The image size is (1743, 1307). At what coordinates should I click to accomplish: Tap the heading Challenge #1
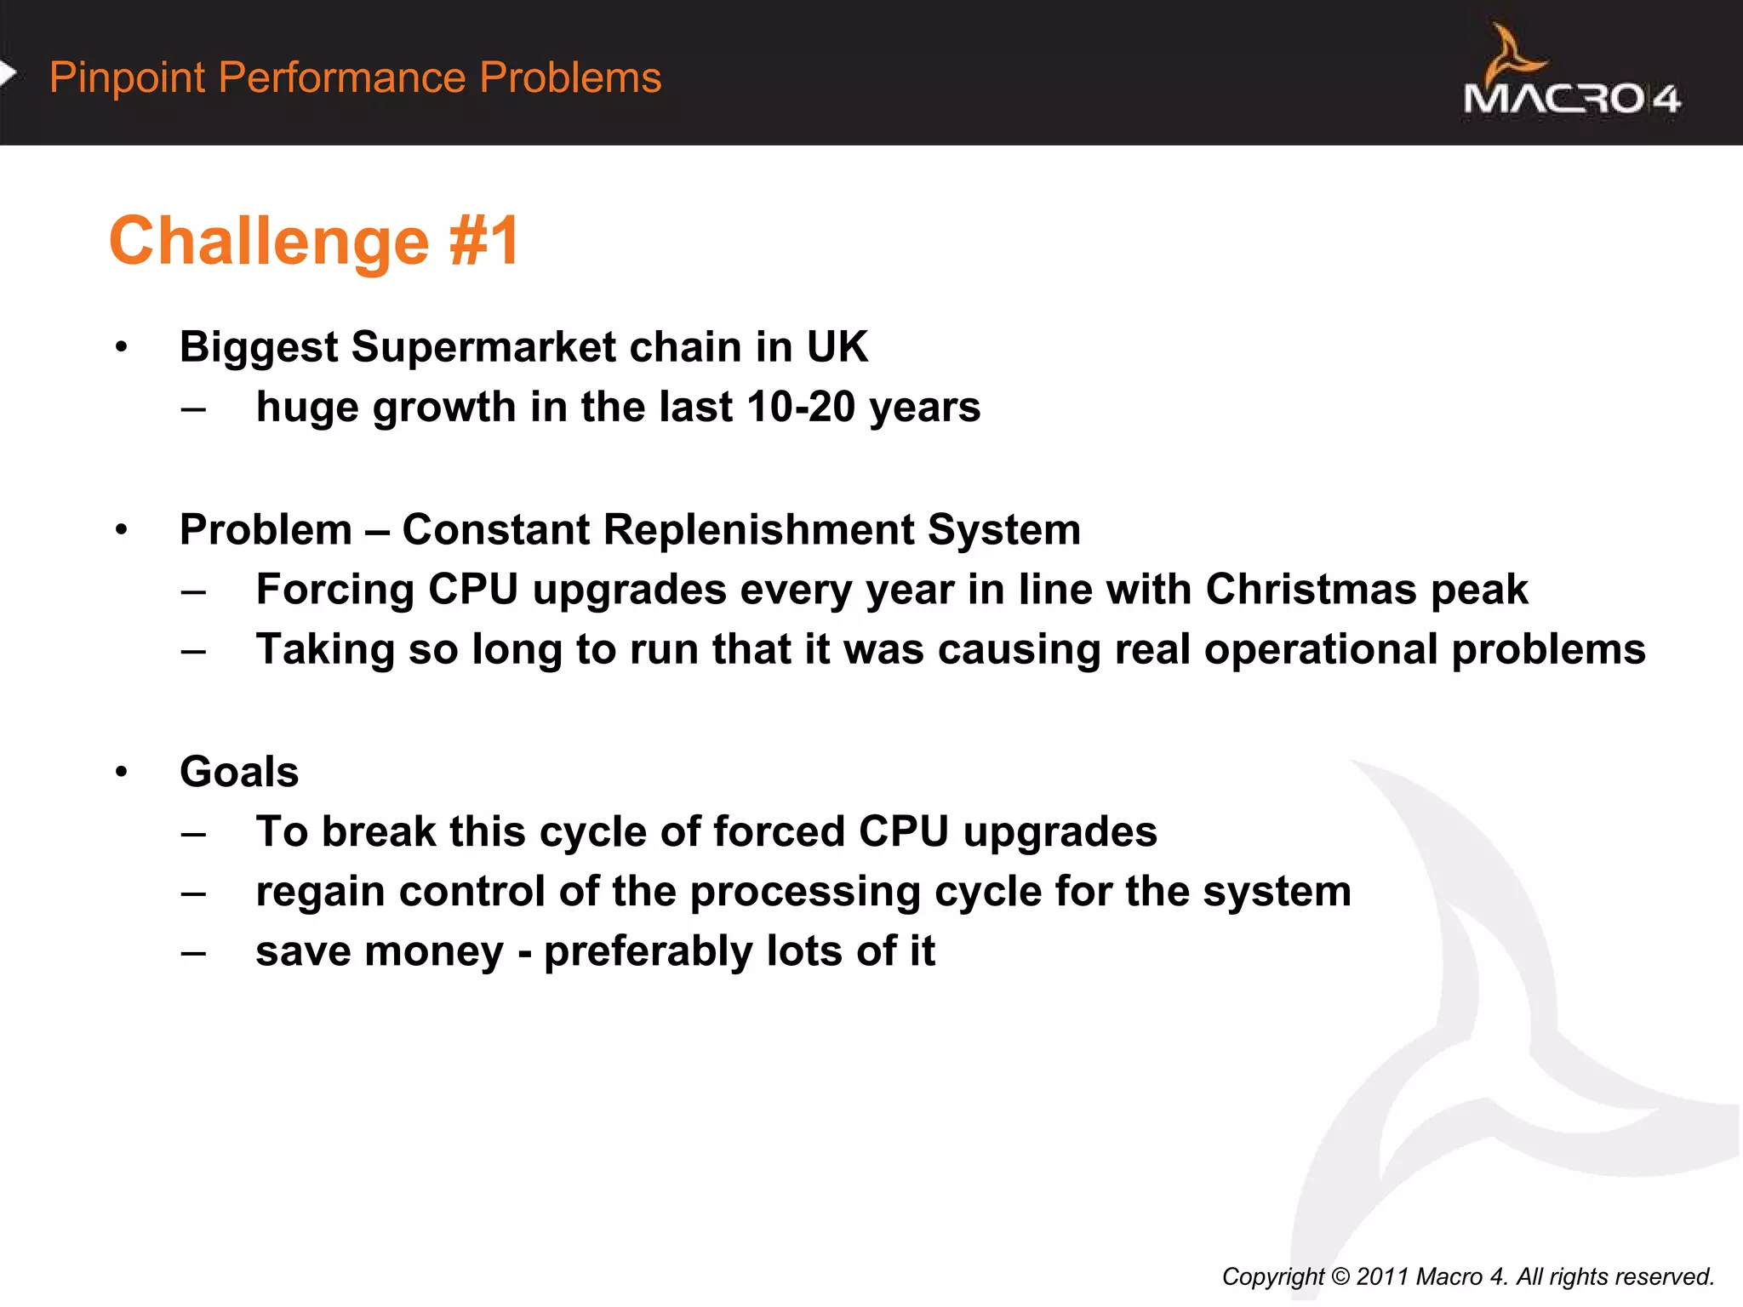point(314,242)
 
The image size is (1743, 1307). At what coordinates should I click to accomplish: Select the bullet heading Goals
point(239,772)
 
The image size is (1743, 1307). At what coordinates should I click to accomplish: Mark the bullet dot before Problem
point(122,529)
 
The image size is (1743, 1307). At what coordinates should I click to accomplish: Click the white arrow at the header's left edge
point(8,74)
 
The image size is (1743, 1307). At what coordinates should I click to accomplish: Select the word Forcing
point(334,590)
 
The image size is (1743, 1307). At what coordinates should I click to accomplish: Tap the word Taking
point(325,650)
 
